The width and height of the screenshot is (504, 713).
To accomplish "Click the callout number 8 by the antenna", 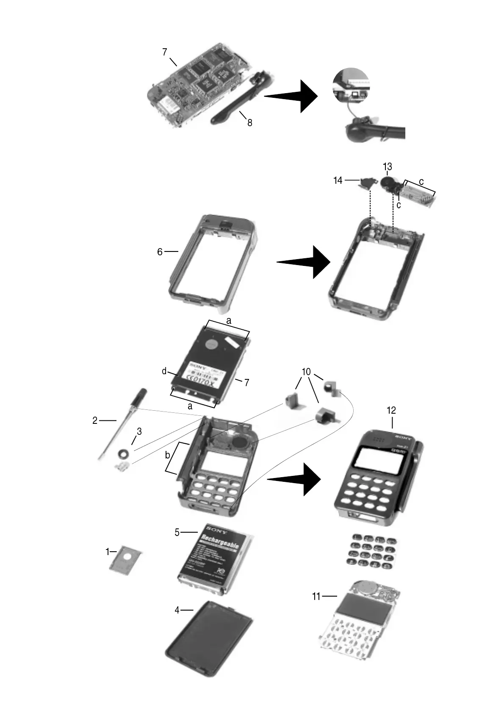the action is tap(249, 123).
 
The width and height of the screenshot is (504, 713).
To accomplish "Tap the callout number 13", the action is tap(387, 166).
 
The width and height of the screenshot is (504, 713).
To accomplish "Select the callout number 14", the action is tap(338, 180).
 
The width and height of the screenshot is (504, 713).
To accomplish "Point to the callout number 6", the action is tap(160, 252).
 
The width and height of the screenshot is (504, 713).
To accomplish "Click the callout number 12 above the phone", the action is tap(391, 410).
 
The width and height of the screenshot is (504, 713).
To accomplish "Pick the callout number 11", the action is tap(316, 597).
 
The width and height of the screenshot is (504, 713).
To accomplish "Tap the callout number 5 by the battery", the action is tap(177, 532).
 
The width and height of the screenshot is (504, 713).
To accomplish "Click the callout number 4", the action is tap(177, 610).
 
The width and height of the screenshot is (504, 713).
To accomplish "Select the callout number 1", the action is tap(108, 552).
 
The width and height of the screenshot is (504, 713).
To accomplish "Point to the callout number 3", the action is tap(139, 431).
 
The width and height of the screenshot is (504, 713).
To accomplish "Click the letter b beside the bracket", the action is tap(167, 456).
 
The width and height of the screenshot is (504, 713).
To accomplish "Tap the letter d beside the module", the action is tap(164, 372).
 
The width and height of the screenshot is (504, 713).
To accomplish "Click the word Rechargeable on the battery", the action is tap(218, 543).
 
